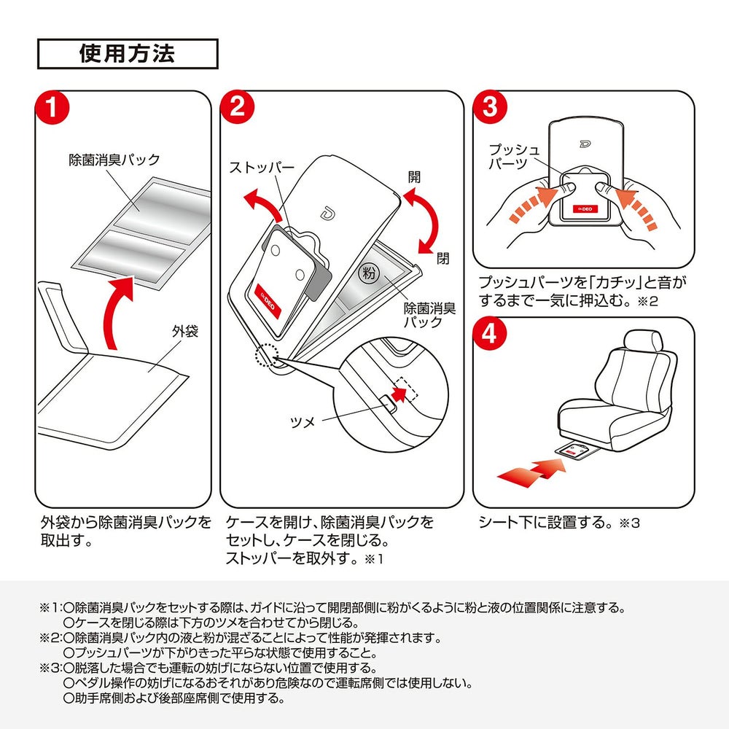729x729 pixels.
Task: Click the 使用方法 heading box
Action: [128, 54]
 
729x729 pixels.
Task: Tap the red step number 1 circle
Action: [52, 108]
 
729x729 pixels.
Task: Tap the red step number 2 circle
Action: [237, 107]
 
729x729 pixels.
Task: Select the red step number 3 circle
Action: [490, 107]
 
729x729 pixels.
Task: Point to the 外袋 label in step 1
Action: [185, 331]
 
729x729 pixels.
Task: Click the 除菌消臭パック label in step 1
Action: [114, 160]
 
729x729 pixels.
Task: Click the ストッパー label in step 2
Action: [262, 168]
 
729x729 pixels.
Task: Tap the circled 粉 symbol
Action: [369, 273]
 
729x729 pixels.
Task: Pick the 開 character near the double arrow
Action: [414, 177]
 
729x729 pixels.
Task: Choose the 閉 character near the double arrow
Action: [443, 258]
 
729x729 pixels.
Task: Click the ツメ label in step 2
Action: [303, 421]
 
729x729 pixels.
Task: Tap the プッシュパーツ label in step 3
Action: [514, 156]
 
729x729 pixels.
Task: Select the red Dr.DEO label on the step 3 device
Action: [585, 209]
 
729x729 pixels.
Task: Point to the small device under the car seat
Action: [576, 450]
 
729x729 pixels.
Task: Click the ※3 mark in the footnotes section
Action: [50, 668]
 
